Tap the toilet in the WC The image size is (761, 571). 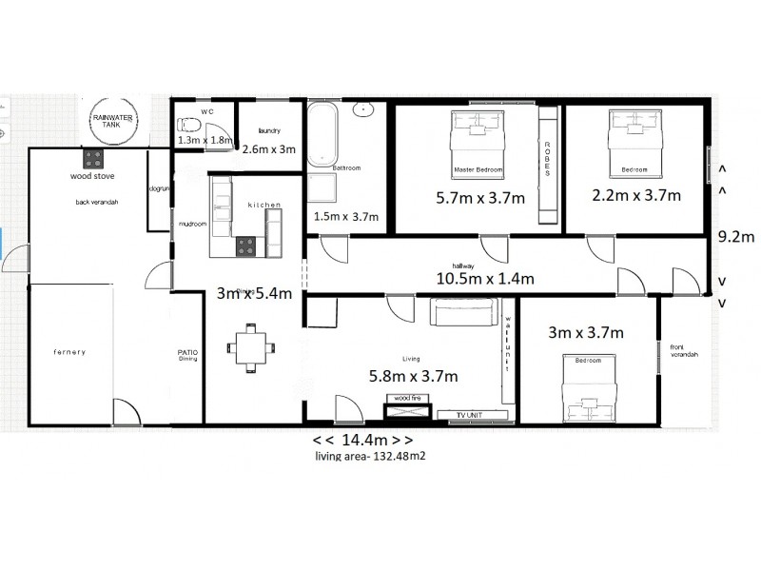click(x=188, y=125)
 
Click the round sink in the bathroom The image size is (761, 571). click(x=363, y=108)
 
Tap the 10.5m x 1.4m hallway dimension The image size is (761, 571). click(x=485, y=278)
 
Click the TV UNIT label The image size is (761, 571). click(x=469, y=415)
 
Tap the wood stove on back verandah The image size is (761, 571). click(x=93, y=158)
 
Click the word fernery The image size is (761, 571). click(x=69, y=352)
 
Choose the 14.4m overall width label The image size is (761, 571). click(x=362, y=441)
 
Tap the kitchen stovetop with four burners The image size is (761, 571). click(x=245, y=246)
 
